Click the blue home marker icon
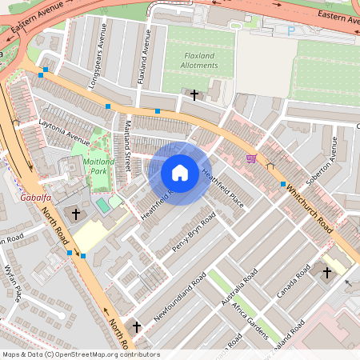[180, 172]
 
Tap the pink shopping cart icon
[251, 158]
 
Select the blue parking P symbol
[290, 31]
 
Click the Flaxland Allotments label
[189, 61]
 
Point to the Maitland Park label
[99, 166]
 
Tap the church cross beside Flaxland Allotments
[194, 95]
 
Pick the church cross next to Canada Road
[326, 274]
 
